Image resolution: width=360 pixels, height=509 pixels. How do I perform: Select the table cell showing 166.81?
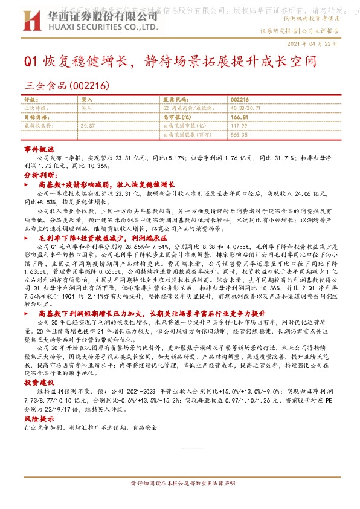pos(239,116)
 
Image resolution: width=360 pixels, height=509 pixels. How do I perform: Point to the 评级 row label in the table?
pos(30,98)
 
